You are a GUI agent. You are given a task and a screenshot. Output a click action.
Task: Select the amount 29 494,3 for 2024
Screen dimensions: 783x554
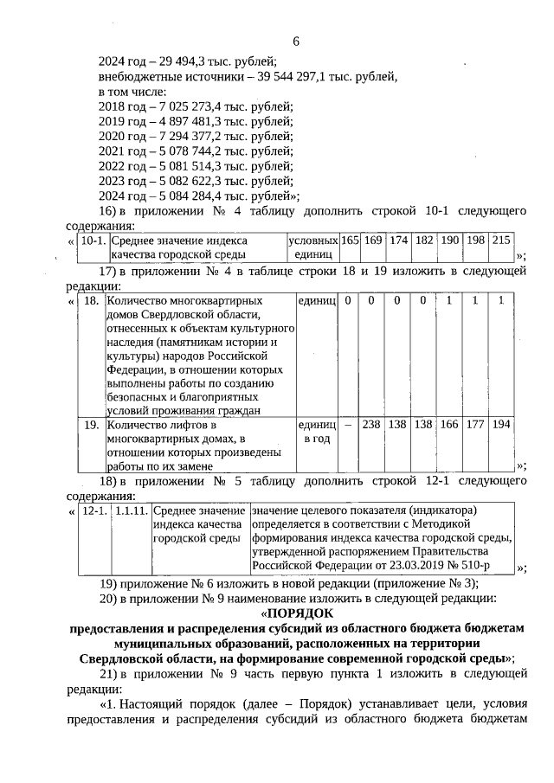click(x=175, y=61)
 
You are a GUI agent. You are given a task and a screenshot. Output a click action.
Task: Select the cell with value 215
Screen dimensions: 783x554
click(x=501, y=240)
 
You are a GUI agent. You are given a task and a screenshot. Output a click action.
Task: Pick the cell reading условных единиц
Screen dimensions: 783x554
click(x=312, y=247)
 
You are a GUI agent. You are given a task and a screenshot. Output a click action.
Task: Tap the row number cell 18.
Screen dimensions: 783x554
click(x=91, y=300)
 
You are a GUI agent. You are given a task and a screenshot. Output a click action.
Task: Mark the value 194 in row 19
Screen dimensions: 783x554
click(x=501, y=425)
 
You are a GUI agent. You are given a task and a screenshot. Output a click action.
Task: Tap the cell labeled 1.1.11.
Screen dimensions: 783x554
click(x=131, y=511)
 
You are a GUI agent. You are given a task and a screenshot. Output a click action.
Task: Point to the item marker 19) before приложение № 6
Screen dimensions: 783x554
click(x=109, y=582)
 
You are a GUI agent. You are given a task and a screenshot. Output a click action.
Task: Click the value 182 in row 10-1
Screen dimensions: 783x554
click(x=424, y=240)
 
